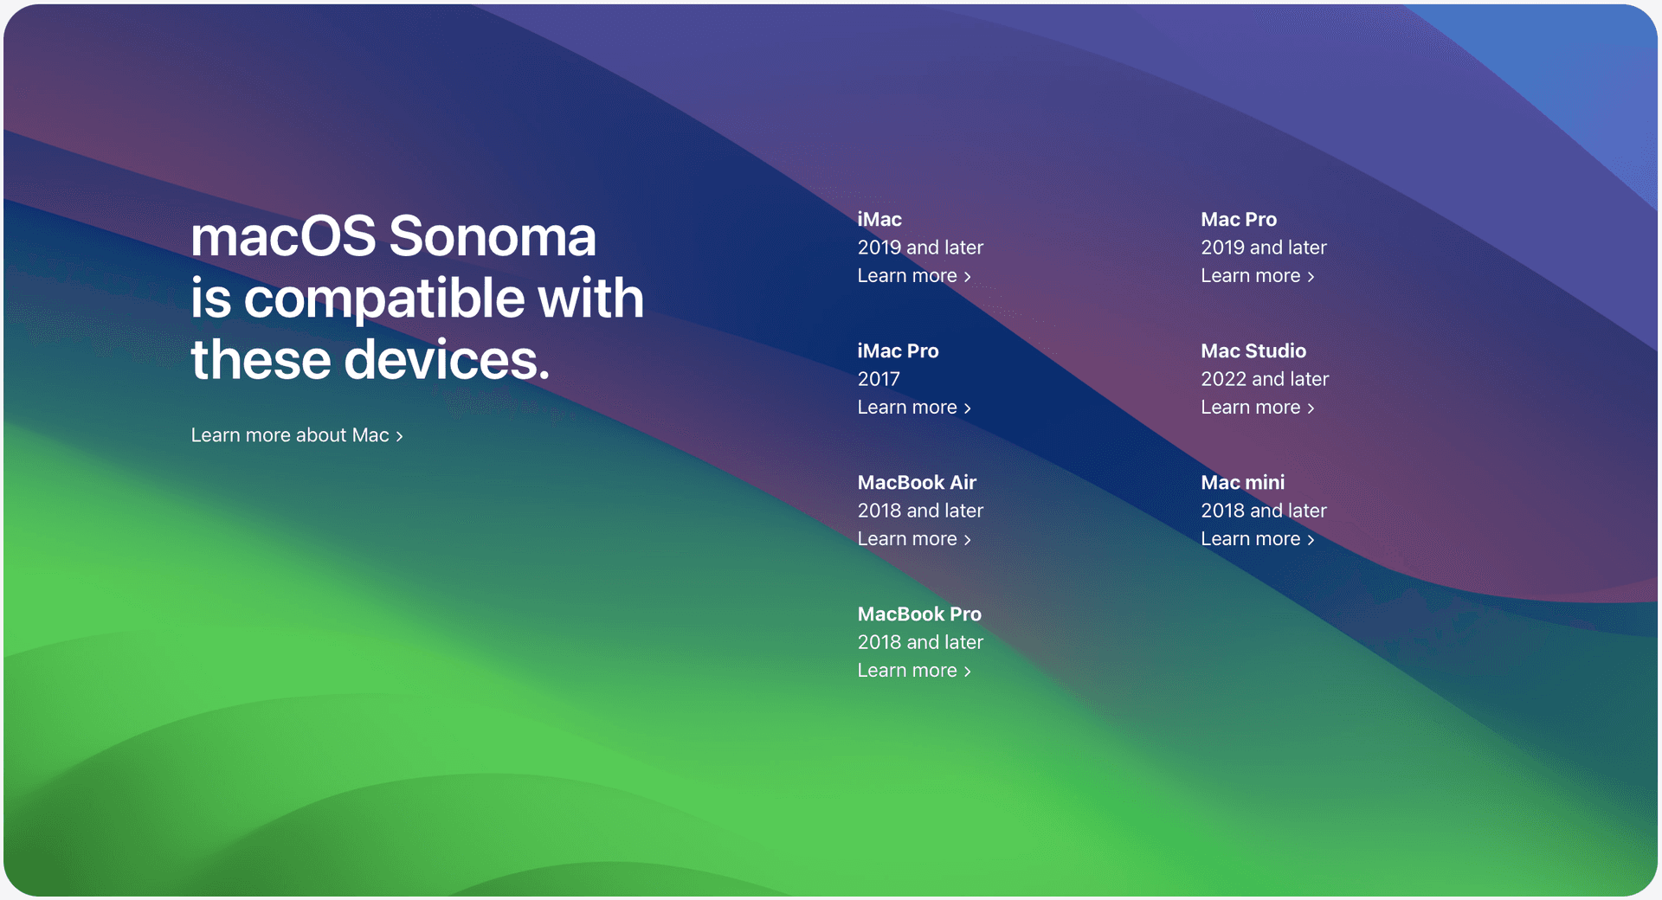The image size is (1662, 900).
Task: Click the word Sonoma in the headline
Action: coord(493,236)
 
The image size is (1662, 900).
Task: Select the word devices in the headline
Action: coord(447,359)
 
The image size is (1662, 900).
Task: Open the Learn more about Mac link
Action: coord(297,435)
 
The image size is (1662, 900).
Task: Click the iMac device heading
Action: coord(879,220)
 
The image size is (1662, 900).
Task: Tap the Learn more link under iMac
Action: coord(914,276)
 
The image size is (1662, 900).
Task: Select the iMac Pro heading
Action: coord(898,351)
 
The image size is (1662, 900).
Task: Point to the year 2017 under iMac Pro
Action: coord(879,379)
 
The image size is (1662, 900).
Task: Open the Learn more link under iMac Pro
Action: coord(914,408)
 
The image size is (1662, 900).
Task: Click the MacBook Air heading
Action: coord(917,483)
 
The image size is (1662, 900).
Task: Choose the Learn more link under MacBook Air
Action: coord(914,539)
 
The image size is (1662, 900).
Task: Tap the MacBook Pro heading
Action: coord(919,614)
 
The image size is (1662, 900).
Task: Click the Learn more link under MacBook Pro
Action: coord(914,671)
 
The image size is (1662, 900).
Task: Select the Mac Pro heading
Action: coord(1239,220)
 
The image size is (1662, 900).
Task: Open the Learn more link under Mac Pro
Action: coord(1258,276)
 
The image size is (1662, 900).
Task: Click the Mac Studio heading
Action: coord(1253,351)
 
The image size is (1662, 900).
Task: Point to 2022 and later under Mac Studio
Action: coord(1265,379)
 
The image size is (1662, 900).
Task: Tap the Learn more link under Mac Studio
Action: coord(1258,408)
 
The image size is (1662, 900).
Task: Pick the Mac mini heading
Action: coord(1243,483)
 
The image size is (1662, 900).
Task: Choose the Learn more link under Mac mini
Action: coord(1258,539)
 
